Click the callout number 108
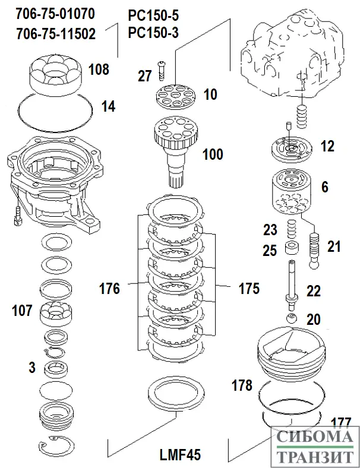point(99,69)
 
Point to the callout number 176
point(110,289)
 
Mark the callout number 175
point(249,289)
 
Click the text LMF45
point(180,456)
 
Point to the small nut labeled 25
point(290,247)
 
